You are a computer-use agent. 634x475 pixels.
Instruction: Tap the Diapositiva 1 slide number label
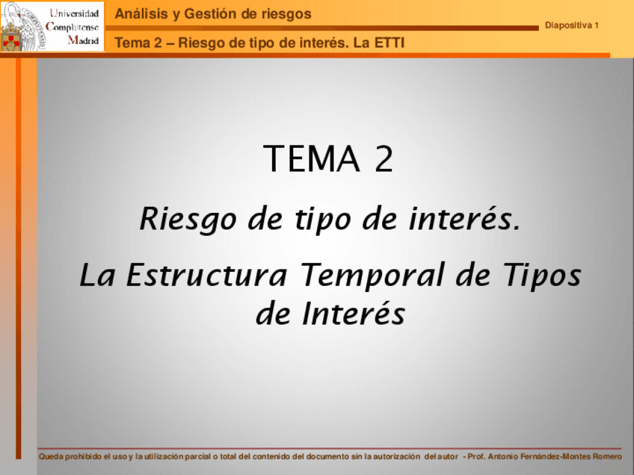point(571,25)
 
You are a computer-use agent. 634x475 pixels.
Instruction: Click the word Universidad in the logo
point(74,13)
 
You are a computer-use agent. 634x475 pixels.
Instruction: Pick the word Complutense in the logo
point(72,27)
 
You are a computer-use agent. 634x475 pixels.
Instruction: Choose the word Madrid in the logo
point(83,40)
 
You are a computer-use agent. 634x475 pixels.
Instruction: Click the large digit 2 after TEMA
point(384,158)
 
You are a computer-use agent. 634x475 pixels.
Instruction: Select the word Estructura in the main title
point(206,275)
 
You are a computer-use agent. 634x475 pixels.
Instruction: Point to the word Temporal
point(375,275)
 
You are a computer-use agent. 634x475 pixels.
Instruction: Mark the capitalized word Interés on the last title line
point(354,314)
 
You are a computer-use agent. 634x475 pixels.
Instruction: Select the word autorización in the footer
point(397,456)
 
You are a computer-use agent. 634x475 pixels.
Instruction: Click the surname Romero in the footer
point(607,456)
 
